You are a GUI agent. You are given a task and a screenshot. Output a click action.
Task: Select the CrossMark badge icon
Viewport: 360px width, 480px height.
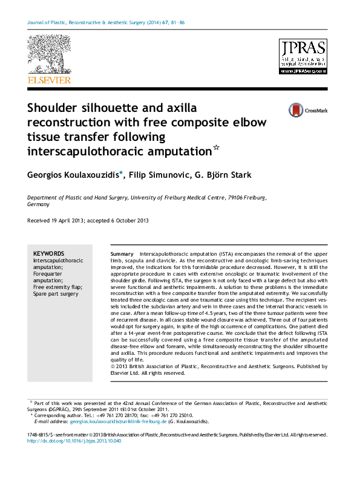click(x=296, y=110)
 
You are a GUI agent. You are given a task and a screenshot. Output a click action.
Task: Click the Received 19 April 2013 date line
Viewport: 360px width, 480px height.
click(x=88, y=221)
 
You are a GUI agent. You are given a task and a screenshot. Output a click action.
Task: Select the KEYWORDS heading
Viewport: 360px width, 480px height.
click(x=48, y=253)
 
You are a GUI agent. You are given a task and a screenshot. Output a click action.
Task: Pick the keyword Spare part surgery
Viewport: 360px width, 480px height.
click(x=56, y=294)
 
